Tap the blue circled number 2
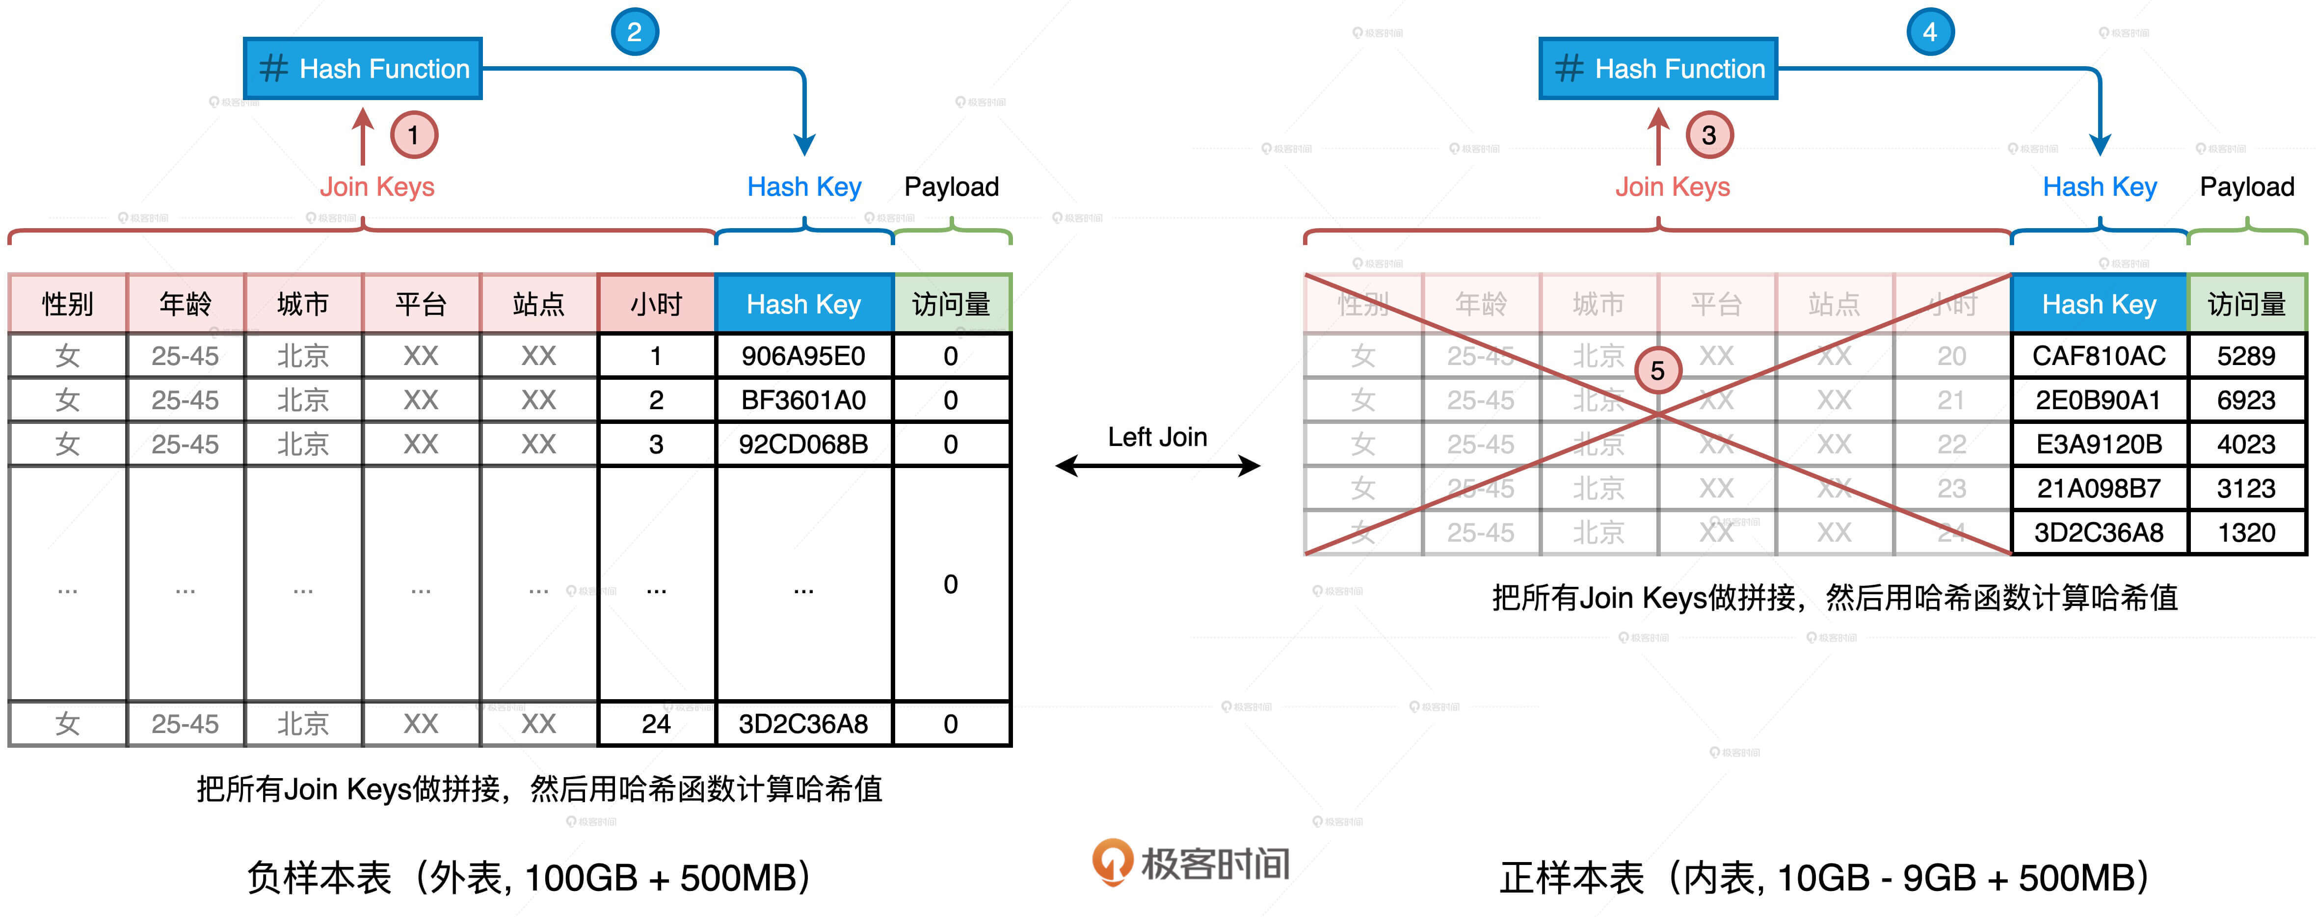[x=635, y=32]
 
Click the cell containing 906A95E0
[x=803, y=356]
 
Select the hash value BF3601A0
[x=803, y=400]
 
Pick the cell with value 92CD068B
[x=803, y=444]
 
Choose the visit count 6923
[x=2246, y=400]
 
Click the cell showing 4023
[x=2246, y=444]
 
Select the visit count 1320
[x=2246, y=532]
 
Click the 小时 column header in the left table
[x=656, y=304]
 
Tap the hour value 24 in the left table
[x=656, y=724]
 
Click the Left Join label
[x=1157, y=437]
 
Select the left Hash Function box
[x=363, y=68]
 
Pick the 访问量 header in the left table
[x=951, y=304]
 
